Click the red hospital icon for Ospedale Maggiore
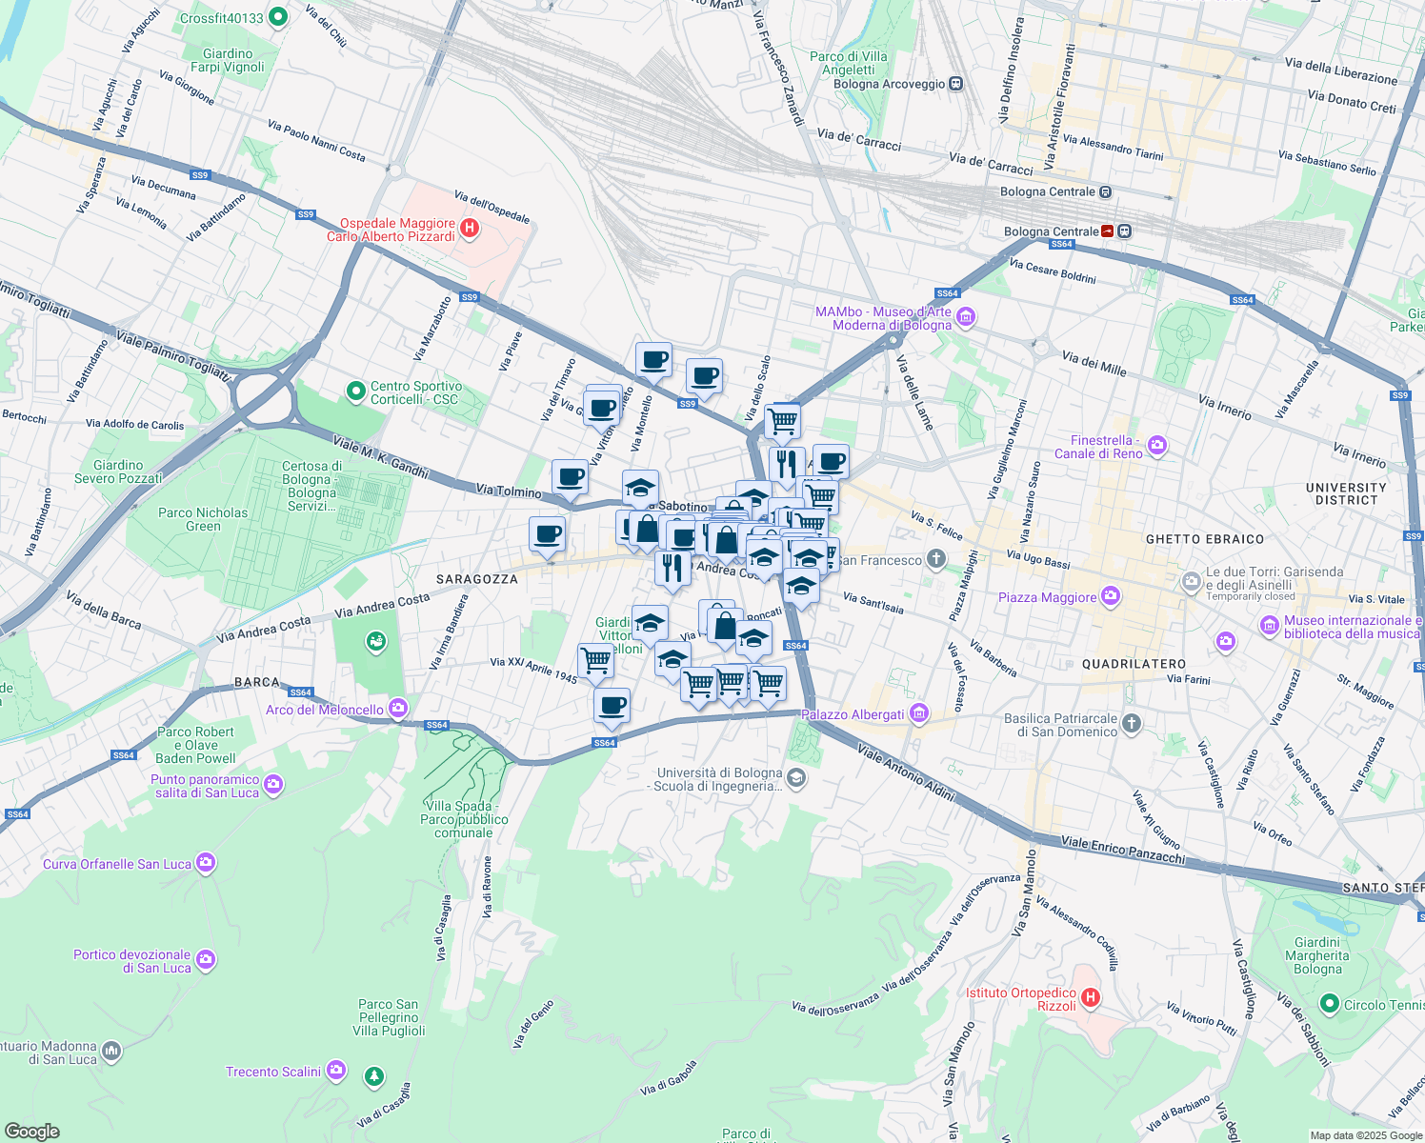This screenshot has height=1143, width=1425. (x=469, y=229)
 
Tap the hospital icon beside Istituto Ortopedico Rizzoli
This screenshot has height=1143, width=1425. (x=1091, y=999)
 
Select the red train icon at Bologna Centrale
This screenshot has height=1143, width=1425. (x=1108, y=231)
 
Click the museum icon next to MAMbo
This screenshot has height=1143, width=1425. (x=966, y=317)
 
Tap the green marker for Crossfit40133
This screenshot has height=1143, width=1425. (x=278, y=17)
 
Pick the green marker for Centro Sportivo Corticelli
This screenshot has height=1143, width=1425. (x=355, y=391)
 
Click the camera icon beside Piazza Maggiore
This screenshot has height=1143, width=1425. (x=1110, y=597)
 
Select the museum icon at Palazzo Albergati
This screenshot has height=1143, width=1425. (x=919, y=713)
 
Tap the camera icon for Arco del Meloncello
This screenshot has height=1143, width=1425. (x=398, y=709)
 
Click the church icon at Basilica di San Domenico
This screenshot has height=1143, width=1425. (x=1131, y=724)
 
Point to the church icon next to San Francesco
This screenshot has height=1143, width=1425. (x=936, y=559)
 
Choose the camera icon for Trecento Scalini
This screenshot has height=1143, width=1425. (x=335, y=1071)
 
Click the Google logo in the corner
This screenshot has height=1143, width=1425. (x=31, y=1131)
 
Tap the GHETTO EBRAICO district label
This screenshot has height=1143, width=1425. (x=1204, y=539)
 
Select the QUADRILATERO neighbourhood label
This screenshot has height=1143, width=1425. (x=1134, y=664)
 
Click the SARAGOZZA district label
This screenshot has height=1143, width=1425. (x=477, y=579)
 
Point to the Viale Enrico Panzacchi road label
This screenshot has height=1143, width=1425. (x=1123, y=851)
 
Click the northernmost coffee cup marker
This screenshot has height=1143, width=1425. (x=653, y=360)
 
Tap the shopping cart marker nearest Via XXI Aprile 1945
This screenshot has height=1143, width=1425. (x=595, y=659)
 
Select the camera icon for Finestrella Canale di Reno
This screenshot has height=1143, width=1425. (x=1156, y=445)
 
